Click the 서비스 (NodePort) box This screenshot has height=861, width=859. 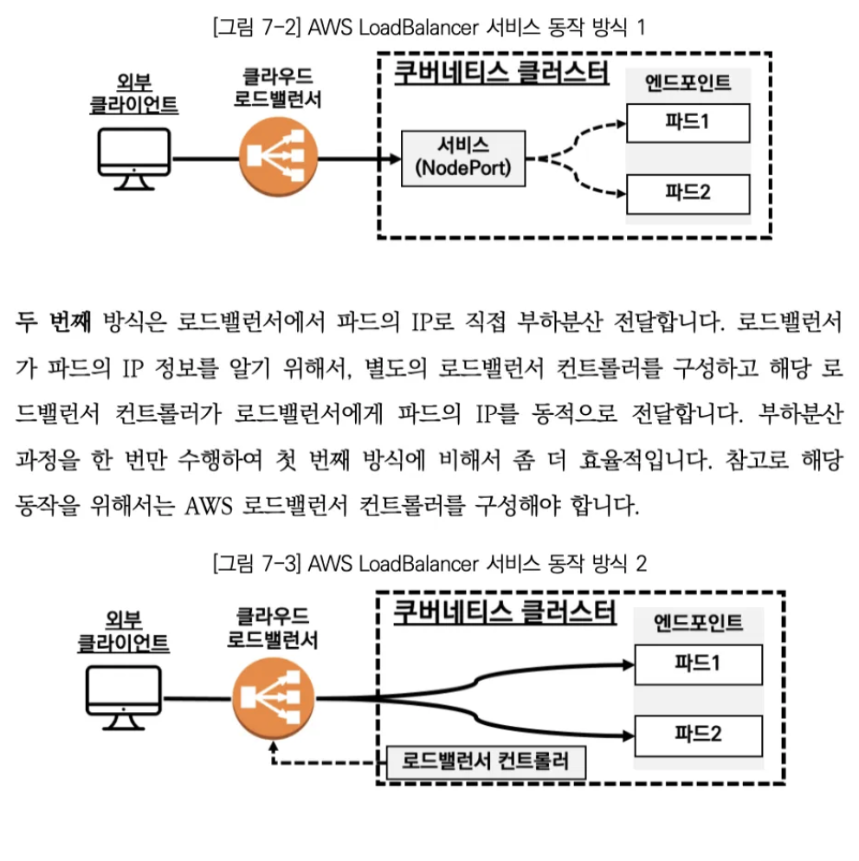[463, 159]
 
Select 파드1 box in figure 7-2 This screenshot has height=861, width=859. [688, 122]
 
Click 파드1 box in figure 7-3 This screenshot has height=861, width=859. [698, 664]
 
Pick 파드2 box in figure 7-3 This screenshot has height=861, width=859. [698, 735]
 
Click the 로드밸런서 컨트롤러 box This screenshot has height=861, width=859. [485, 762]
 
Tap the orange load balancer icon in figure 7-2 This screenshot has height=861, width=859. [274, 159]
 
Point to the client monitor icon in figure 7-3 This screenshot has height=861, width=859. [124, 697]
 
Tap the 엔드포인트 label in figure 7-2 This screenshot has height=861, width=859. [688, 83]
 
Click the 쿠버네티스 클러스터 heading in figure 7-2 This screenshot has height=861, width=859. [501, 71]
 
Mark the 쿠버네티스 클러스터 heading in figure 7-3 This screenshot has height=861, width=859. [504, 612]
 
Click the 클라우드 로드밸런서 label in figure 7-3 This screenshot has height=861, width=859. [272, 629]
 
